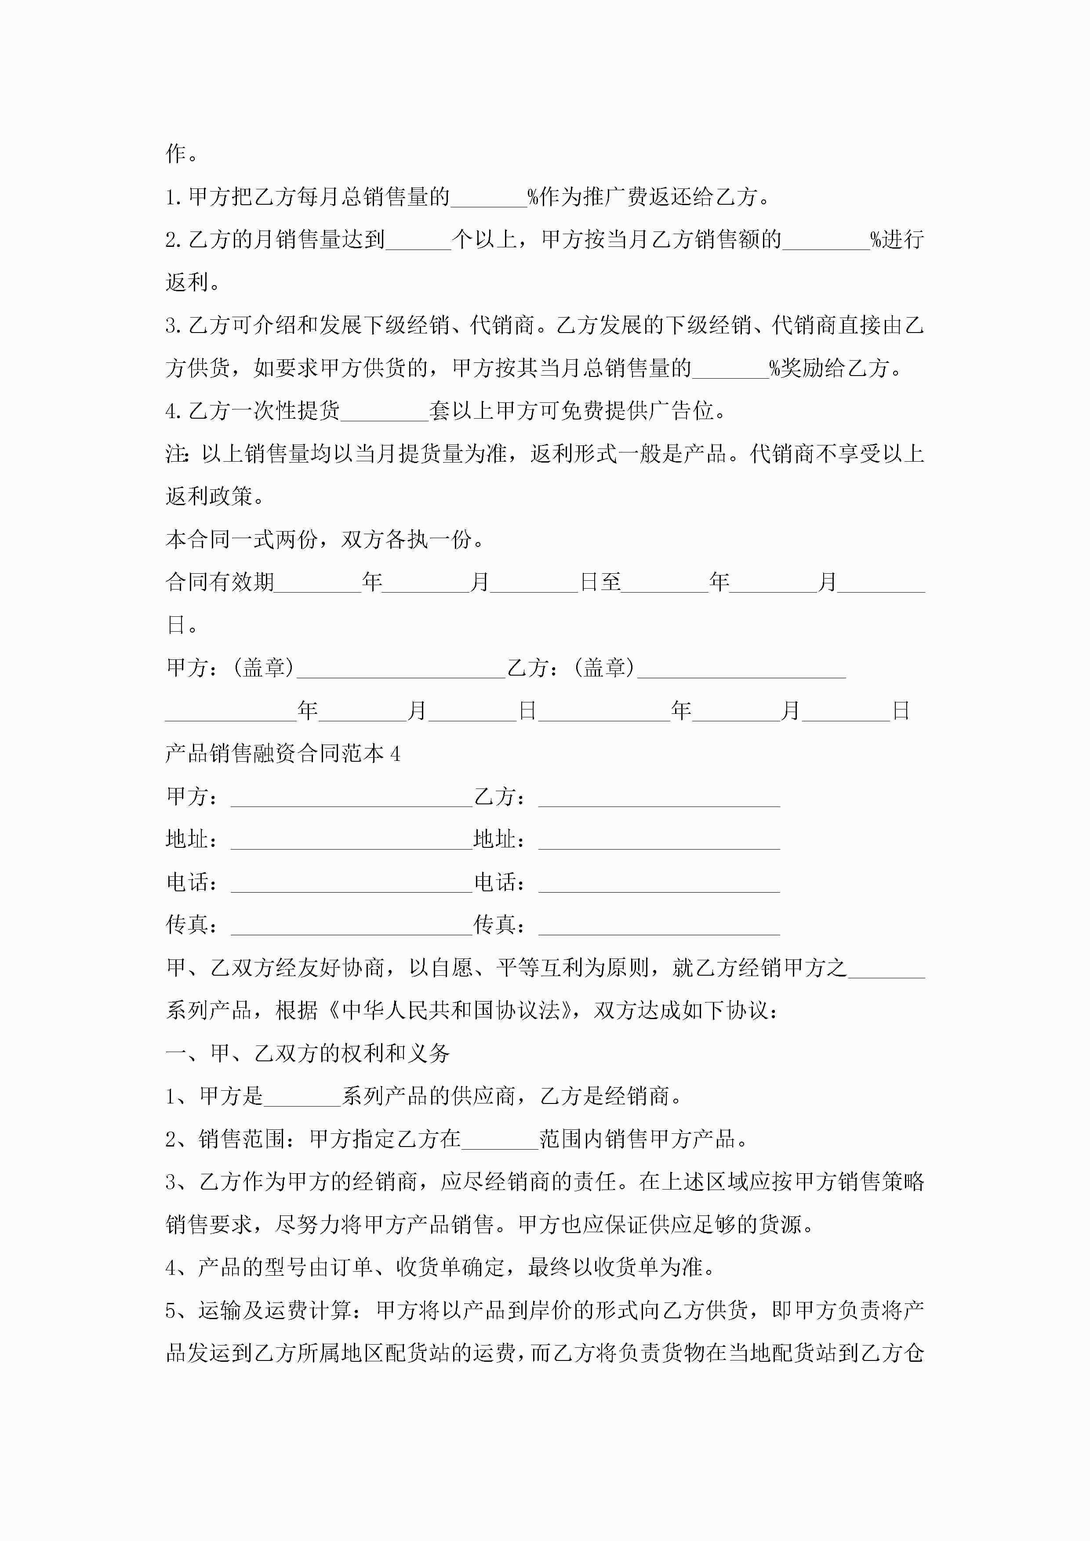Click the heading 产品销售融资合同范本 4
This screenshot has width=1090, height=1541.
(283, 754)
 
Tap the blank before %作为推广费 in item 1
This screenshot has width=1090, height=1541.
(489, 199)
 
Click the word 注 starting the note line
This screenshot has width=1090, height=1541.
(176, 454)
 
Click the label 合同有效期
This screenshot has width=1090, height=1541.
(220, 582)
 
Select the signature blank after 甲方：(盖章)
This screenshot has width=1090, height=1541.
(401, 669)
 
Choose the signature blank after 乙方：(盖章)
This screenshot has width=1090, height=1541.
(741, 669)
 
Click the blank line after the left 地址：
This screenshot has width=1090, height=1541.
(351, 840)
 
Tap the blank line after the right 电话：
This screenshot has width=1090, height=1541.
(659, 883)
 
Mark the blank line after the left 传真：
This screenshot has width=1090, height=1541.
(351, 926)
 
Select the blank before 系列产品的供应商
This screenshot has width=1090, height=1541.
(302, 1097)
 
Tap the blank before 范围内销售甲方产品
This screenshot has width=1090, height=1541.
(500, 1139)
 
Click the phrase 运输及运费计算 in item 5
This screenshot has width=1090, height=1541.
(275, 1311)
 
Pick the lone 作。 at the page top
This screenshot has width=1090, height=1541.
(182, 154)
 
